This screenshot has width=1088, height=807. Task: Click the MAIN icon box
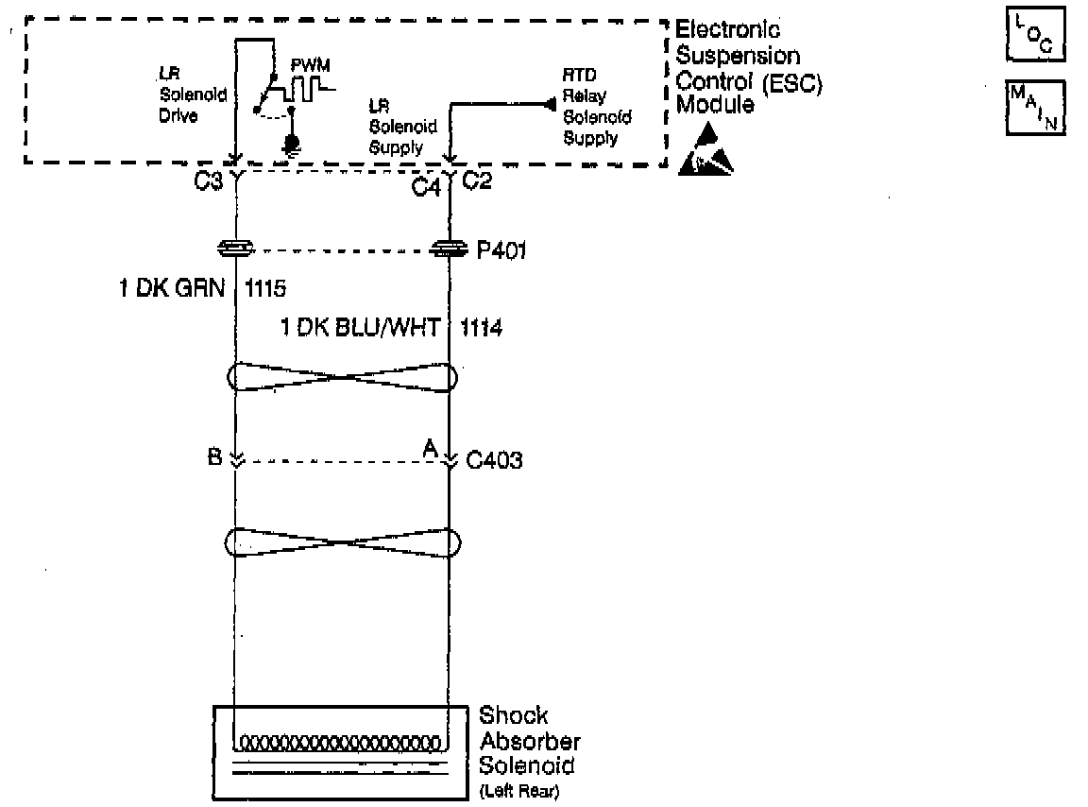[x=1036, y=107]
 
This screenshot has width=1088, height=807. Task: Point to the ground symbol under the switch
[x=292, y=145]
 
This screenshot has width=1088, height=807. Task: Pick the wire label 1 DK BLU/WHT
[x=361, y=329]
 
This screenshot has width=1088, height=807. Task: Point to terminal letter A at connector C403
[x=431, y=450]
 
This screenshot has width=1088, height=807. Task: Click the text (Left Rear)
[x=519, y=791]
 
